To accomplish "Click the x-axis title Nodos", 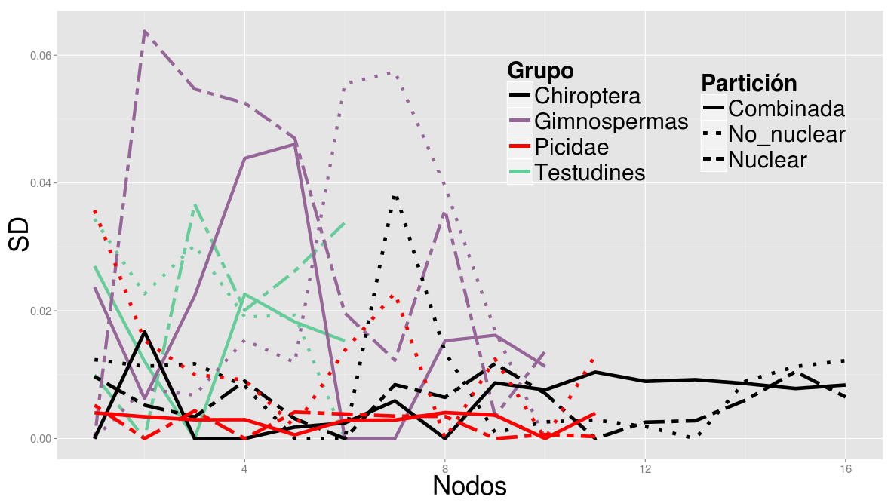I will click(469, 486).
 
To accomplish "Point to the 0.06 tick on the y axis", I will click(39, 56).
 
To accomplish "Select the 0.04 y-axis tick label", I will click(39, 183).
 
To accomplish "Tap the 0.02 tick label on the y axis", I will click(39, 311).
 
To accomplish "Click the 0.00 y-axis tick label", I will click(39, 439).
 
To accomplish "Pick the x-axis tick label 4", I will click(244, 468).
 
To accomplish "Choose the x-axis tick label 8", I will click(445, 468).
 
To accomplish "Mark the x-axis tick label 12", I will click(645, 468).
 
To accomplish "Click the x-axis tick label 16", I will click(846, 468).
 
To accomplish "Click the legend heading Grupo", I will click(540, 70).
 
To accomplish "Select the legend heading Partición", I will click(748, 83).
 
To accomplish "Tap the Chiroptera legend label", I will click(587, 96).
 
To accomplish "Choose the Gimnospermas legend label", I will click(610, 121).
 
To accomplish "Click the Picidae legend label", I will click(571, 147).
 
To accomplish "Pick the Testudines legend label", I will click(589, 173).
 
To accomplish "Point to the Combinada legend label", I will click(786, 109).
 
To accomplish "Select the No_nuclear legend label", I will click(786, 134).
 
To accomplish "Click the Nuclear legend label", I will click(767, 160).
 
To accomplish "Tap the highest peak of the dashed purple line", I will click(144, 31).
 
